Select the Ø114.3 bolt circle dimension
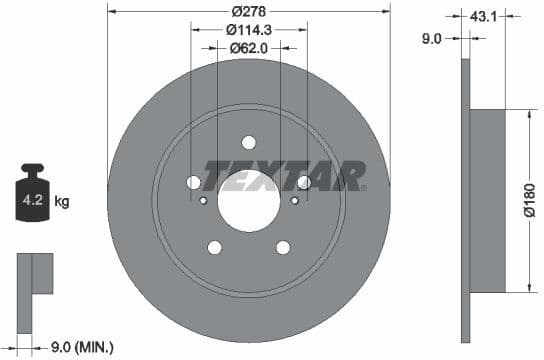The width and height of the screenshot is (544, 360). click(248, 30)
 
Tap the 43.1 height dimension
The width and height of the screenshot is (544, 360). click(485, 16)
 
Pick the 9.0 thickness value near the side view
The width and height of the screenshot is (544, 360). click(431, 40)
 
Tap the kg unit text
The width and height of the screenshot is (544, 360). click(62, 201)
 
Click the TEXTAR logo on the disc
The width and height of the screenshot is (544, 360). click(284, 176)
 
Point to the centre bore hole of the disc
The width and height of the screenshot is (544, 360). click(248, 198)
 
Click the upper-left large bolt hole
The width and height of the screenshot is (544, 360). click(194, 182)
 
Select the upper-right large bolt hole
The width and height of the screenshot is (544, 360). click(303, 182)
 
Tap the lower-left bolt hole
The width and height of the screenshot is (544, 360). click(214, 247)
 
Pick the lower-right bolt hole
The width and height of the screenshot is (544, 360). click(283, 247)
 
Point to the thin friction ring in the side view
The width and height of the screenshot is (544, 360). click(464, 200)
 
